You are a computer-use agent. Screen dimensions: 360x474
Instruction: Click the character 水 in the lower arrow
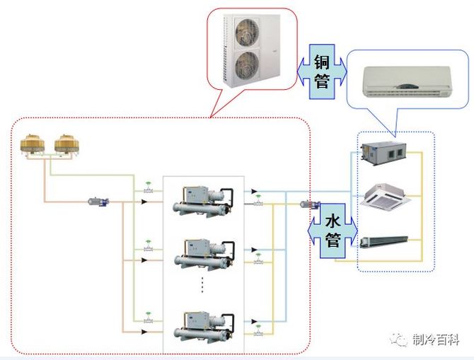[334, 219]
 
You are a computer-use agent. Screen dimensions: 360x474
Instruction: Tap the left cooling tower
[32, 144]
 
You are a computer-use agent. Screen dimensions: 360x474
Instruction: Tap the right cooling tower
[67, 144]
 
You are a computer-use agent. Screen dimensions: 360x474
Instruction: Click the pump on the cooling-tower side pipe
[98, 202]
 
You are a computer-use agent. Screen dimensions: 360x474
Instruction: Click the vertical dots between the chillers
[202, 285]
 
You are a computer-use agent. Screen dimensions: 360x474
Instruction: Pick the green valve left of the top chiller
[148, 187]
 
